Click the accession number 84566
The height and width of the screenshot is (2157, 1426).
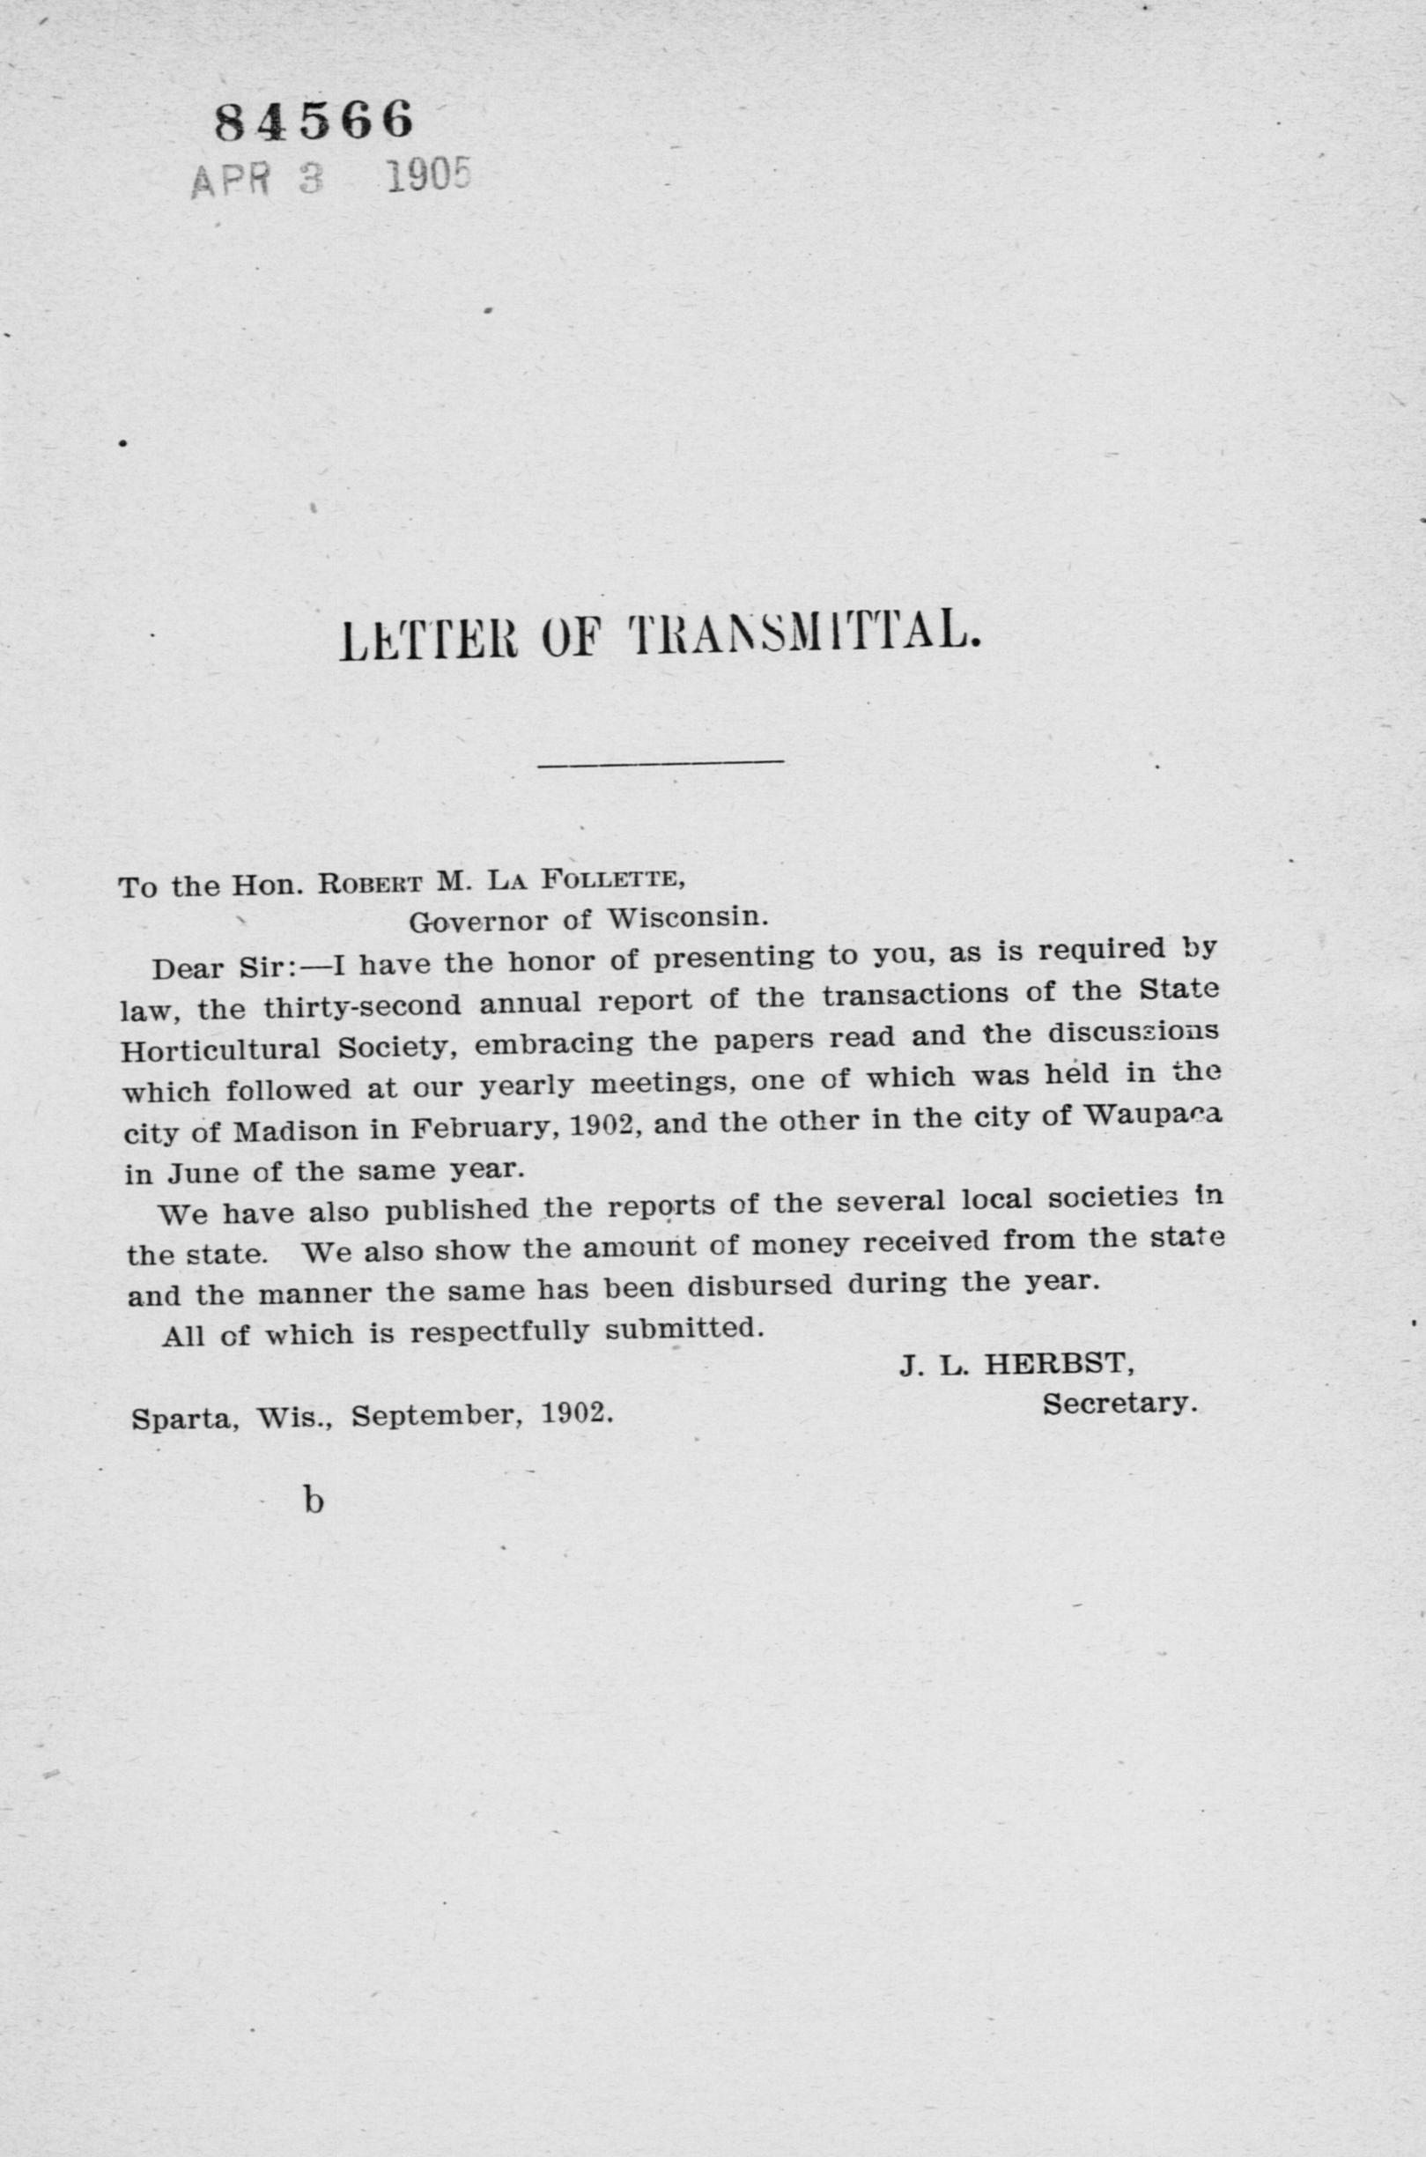click(314, 120)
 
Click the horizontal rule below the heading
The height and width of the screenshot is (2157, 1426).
click(660, 760)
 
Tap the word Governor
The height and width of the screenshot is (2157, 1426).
click(477, 922)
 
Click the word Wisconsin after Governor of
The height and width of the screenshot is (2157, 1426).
click(689, 918)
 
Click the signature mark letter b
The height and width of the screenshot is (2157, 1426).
click(313, 1501)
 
